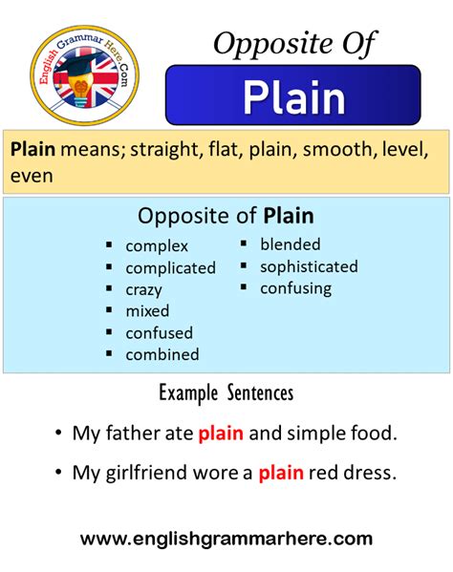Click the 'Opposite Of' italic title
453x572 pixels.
[x=294, y=42]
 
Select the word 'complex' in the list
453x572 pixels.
[x=157, y=246]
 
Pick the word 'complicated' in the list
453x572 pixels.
[x=170, y=268]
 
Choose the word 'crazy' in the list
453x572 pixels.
[x=143, y=289]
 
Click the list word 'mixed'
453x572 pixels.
[x=147, y=311]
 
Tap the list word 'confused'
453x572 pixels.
[x=159, y=333]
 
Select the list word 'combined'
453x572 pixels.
[x=162, y=354]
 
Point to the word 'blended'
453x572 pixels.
[x=290, y=244]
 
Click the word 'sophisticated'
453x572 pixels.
[x=308, y=266]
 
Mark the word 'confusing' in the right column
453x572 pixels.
[x=295, y=287]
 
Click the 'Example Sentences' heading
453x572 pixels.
[x=226, y=393]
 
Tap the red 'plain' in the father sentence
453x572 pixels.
[x=221, y=434]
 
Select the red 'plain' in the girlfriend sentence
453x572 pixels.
[x=280, y=471]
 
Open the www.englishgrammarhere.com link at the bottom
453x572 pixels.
[x=226, y=539]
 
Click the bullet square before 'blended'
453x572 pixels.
[x=244, y=244]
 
